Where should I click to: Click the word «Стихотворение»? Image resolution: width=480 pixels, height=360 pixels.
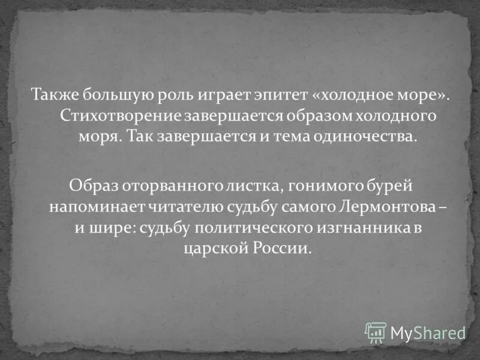tap(112, 115)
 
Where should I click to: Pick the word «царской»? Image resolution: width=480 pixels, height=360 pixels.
tap(209, 248)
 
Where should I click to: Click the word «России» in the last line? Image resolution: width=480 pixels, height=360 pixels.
tap(285, 248)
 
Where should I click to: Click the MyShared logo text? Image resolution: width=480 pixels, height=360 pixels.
tap(427, 332)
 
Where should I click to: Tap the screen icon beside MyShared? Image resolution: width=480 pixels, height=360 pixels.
tap(376, 332)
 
